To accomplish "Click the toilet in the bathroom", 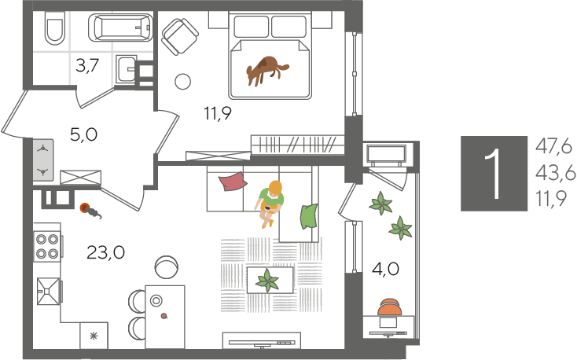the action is coord(55,28).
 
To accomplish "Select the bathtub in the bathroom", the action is coord(120,27).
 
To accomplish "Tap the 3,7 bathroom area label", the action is coord(87,66).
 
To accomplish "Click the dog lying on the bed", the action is coord(267,70).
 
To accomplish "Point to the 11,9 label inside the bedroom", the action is coord(218,113).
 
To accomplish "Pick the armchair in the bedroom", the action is coord(180,36).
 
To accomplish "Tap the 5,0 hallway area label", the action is coord(83,134).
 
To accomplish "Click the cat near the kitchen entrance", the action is coord(90,211).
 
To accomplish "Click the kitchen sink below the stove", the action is coord(48,291).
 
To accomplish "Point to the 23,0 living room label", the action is coord(105,253).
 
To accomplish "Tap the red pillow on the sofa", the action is coord(233,182).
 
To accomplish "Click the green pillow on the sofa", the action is coord(309,217).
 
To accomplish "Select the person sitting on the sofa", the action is coord(270,203).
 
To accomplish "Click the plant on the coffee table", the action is coord(267,280).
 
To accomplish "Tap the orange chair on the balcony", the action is coord(390,307).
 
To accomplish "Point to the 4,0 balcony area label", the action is coord(385,269).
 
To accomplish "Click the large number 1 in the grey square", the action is coord(494,174).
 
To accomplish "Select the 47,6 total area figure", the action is coord(554,147).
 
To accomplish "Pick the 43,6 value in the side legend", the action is coord(555,174).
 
